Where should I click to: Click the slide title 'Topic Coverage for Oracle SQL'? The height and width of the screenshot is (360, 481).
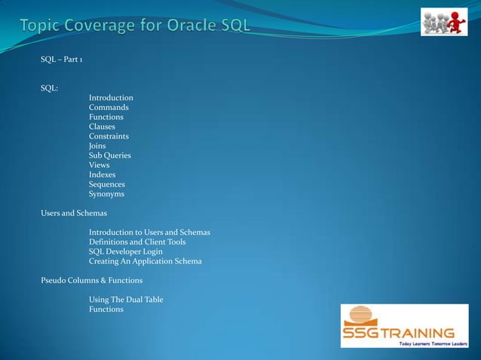coord(135,28)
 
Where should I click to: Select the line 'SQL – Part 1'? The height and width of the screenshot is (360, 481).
coord(62,59)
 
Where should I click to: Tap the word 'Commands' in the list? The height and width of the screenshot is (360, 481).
coord(109,108)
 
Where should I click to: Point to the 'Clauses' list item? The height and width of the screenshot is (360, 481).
coord(102,127)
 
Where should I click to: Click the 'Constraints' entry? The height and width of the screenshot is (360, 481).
coord(109,136)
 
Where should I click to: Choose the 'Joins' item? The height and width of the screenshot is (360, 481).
coord(97,146)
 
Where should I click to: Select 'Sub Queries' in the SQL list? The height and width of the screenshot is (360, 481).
coord(110,156)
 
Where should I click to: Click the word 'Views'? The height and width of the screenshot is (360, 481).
coord(99,165)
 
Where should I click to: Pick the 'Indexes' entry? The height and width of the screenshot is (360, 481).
coord(102,175)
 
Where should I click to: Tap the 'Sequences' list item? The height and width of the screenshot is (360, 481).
coord(106,185)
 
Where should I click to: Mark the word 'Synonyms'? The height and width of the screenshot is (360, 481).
coord(106,194)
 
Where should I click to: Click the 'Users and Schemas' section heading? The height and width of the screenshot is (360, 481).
coord(74,213)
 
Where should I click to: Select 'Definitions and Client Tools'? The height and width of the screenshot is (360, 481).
coord(137,242)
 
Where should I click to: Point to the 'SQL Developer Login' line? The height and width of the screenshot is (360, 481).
coord(125,252)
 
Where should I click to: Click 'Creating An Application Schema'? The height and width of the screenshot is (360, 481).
coord(145,261)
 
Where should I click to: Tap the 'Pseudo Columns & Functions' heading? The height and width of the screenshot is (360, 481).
coord(91,280)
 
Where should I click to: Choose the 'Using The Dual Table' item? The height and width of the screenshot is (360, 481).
coord(126,300)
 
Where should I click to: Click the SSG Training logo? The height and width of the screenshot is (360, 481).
coord(403,326)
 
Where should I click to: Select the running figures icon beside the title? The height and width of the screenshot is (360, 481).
coord(443,23)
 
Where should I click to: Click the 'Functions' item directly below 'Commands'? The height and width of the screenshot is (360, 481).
coord(106,117)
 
